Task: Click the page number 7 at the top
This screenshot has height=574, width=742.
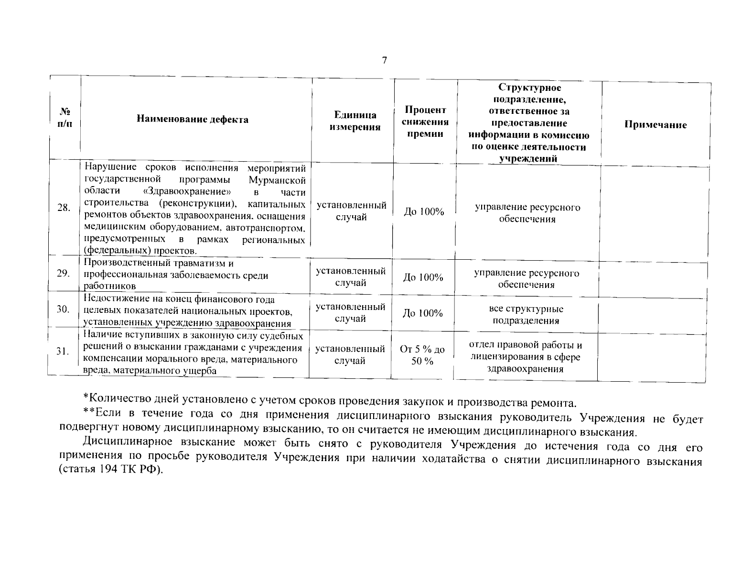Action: click(385, 61)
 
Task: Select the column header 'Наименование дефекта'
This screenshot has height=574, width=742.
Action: click(193, 120)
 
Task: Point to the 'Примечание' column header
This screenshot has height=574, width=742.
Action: click(655, 125)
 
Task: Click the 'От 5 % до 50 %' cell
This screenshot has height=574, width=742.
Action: click(422, 355)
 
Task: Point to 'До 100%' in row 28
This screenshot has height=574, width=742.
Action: click(424, 211)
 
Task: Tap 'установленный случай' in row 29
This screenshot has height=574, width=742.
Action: click(351, 277)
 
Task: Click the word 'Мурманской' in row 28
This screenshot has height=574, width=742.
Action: click(277, 180)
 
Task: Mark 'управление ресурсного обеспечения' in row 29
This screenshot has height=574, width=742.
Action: click(527, 279)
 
